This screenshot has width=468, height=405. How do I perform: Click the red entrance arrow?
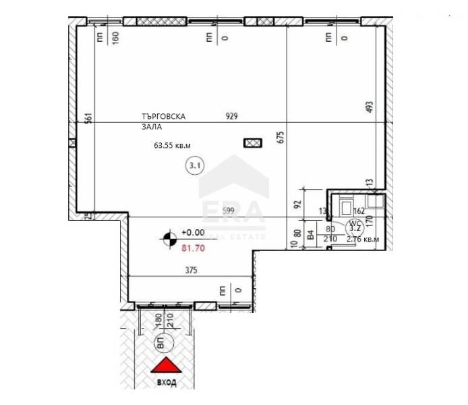(x=166, y=366)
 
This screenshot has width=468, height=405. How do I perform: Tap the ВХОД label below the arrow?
(x=167, y=382)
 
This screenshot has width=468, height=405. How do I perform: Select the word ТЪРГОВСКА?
(x=163, y=116)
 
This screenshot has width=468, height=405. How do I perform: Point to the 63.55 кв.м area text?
(x=173, y=144)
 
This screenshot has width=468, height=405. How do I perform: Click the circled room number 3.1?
(x=196, y=164)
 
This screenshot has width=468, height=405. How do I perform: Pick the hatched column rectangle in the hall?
(x=252, y=142)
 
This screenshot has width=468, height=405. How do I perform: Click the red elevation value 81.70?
(x=193, y=248)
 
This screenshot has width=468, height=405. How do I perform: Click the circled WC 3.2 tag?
(x=355, y=226)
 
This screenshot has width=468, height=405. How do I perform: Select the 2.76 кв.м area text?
(x=363, y=239)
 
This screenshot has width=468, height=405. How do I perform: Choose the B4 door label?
(x=310, y=236)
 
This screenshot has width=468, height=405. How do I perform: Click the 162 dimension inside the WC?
(x=358, y=211)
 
